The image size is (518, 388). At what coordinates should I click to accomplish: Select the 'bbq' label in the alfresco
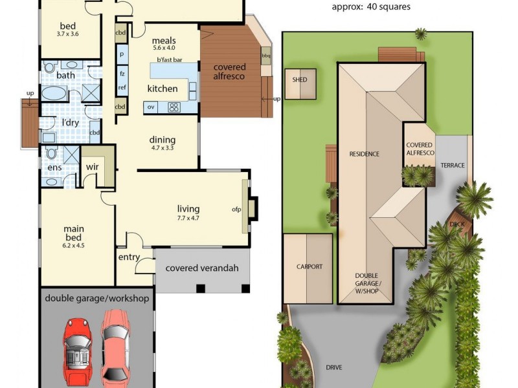pyautogui.click(x=265, y=56)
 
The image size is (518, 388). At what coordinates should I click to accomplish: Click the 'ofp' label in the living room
pyautogui.click(x=236, y=210)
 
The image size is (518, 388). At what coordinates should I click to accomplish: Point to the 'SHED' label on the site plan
pyautogui.click(x=299, y=80)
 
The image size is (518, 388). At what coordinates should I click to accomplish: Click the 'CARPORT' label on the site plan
pyautogui.click(x=309, y=266)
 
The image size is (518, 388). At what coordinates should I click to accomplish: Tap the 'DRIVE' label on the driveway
pyautogui.click(x=334, y=367)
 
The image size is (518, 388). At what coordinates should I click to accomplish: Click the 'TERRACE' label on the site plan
pyautogui.click(x=453, y=166)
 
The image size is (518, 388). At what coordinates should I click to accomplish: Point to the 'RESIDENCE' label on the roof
pyautogui.click(x=364, y=154)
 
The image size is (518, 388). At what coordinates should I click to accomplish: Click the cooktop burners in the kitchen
pyautogui.click(x=174, y=108)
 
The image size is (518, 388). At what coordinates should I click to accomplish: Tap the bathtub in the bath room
pyautogui.click(x=54, y=94)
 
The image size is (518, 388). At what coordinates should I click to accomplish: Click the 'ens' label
pyautogui.click(x=55, y=168)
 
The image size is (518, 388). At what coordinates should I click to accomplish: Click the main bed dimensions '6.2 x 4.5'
pyautogui.click(x=74, y=245)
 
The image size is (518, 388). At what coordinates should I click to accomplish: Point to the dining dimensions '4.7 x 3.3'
pyautogui.click(x=163, y=148)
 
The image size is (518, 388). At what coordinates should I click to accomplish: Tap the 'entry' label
pyautogui.click(x=129, y=257)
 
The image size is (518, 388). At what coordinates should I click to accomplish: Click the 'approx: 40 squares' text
pyautogui.click(x=370, y=8)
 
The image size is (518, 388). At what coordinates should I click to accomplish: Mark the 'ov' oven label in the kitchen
pyautogui.click(x=151, y=107)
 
